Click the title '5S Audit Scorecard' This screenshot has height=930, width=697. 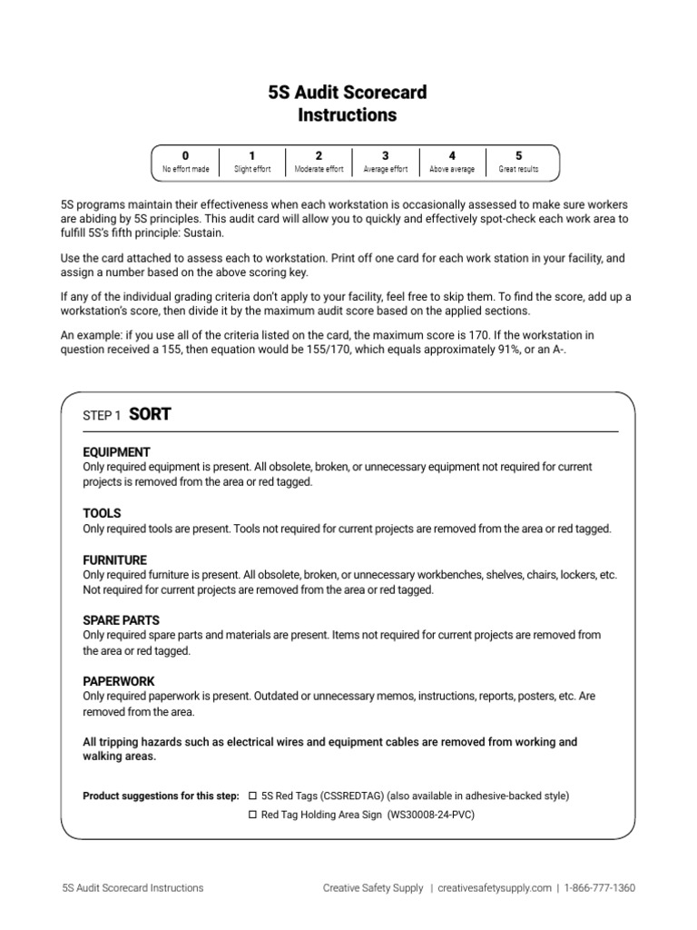click(348, 93)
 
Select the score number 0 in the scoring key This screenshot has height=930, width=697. click(185, 156)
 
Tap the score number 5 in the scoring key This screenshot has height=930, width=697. click(518, 156)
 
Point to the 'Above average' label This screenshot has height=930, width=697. click(452, 170)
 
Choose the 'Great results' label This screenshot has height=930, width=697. click(518, 170)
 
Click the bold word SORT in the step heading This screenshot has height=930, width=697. click(150, 414)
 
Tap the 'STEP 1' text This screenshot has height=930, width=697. click(102, 416)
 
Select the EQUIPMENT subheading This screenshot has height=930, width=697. click(116, 452)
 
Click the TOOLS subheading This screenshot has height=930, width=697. click(102, 513)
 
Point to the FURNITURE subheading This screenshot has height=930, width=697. click(114, 560)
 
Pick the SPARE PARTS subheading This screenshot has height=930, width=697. click(121, 620)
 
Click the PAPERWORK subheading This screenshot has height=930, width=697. click(118, 681)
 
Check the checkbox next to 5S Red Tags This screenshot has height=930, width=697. click(253, 796)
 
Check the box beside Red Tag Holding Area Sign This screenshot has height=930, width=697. click(253, 815)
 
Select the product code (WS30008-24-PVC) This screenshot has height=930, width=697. click(430, 815)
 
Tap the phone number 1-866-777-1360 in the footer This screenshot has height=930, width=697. click(599, 888)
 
